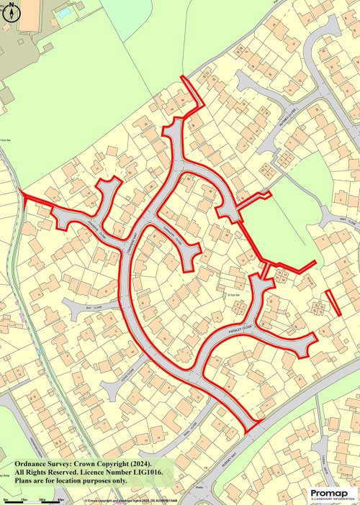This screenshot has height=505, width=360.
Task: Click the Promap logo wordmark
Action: tap(332, 492)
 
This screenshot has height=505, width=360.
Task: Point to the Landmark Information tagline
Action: tap(332, 499)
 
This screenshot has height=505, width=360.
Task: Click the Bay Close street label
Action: tap(89, 306)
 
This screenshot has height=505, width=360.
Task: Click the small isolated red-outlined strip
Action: tap(333, 301)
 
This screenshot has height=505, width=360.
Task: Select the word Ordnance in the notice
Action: tap(30, 462)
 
